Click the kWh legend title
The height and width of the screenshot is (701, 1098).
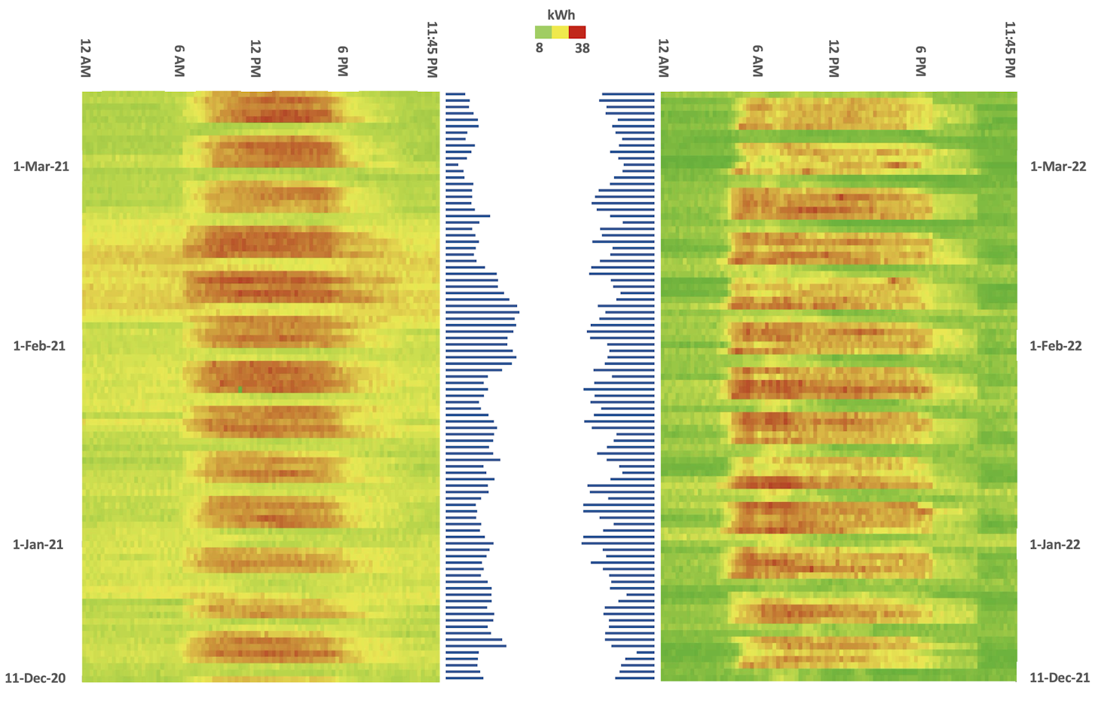click(x=561, y=14)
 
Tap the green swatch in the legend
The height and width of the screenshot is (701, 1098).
click(x=543, y=32)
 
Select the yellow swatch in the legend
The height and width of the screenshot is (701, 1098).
click(x=560, y=32)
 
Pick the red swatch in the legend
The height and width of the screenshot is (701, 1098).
click(x=577, y=32)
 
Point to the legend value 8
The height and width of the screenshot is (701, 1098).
click(x=540, y=48)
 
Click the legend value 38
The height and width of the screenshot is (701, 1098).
click(x=582, y=48)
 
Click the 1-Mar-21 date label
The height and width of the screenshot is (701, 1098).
click(x=41, y=167)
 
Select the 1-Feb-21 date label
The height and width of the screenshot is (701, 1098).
click(x=39, y=346)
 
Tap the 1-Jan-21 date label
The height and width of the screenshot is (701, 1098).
click(x=38, y=544)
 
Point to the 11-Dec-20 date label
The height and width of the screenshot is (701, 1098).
click(x=35, y=678)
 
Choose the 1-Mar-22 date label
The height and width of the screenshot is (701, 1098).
click(x=1058, y=167)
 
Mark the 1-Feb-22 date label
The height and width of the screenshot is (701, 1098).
click(x=1056, y=346)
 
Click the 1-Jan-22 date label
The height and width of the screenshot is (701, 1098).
click(x=1055, y=544)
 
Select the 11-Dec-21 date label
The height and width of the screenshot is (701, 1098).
click(x=1060, y=678)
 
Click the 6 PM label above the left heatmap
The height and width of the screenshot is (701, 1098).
click(x=343, y=60)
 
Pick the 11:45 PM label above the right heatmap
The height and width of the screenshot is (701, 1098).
click(x=1011, y=49)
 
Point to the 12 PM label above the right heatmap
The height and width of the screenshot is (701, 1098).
click(x=833, y=58)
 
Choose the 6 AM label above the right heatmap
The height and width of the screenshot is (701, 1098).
click(x=757, y=60)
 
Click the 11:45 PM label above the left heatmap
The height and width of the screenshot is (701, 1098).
click(x=432, y=49)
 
